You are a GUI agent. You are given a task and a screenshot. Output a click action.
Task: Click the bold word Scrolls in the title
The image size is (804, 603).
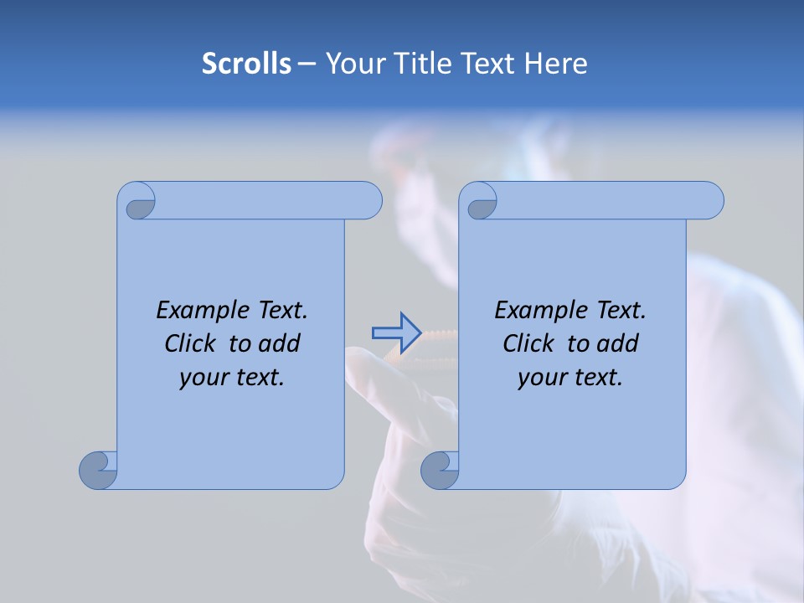(x=246, y=64)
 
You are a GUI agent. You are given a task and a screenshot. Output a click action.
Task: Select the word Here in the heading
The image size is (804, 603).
(x=555, y=64)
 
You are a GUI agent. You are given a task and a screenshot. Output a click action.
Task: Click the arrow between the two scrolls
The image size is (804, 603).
(x=396, y=332)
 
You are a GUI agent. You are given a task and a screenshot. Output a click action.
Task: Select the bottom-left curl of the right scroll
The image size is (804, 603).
(x=440, y=470)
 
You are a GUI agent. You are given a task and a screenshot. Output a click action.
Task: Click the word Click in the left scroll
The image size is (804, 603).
(x=189, y=343)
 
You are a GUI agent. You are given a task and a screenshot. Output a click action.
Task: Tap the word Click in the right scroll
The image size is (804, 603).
(x=528, y=343)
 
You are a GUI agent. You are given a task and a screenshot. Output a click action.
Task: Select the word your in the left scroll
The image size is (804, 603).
(x=201, y=378)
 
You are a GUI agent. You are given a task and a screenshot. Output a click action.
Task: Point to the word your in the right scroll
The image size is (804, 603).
(x=539, y=378)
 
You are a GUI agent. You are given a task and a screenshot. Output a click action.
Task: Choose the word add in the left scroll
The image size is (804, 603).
(x=279, y=343)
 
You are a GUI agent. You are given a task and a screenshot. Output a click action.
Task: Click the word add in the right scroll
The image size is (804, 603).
(x=617, y=343)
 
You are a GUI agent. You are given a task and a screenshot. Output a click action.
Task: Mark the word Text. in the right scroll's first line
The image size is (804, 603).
(x=621, y=311)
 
